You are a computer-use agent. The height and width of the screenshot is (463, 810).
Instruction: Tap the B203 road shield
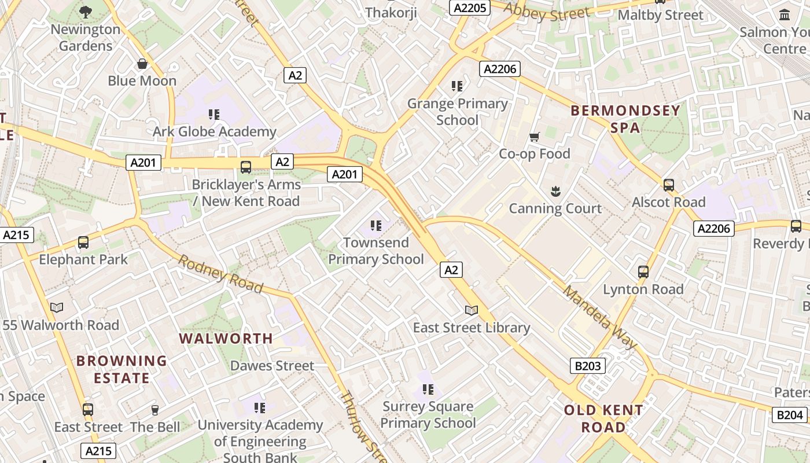(x=588, y=366)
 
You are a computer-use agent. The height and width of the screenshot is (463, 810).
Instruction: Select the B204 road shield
(x=789, y=414)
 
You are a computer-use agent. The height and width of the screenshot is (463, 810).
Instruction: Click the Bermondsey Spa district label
(x=625, y=119)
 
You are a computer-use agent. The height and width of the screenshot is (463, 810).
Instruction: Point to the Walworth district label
(x=226, y=339)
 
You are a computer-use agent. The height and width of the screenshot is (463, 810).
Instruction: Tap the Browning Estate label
(x=122, y=369)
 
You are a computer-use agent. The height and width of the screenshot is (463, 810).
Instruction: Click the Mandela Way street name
(x=599, y=318)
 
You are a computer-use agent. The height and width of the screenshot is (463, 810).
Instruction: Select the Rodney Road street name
(x=220, y=274)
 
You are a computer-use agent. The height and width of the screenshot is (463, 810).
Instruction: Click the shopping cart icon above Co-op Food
(x=534, y=137)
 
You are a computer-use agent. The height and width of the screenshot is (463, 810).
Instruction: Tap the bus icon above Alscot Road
(x=669, y=185)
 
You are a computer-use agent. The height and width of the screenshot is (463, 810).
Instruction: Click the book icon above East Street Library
(x=472, y=310)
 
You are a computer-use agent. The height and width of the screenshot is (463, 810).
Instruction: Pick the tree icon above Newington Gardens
(x=86, y=12)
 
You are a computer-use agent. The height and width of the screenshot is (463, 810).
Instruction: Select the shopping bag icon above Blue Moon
(x=142, y=64)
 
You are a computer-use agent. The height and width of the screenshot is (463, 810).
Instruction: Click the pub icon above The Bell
(x=154, y=410)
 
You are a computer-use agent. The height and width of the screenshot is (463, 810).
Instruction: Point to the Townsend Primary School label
(x=376, y=251)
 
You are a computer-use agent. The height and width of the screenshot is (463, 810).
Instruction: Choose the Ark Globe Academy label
(x=214, y=132)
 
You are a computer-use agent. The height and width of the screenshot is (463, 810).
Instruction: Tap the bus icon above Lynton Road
(x=643, y=272)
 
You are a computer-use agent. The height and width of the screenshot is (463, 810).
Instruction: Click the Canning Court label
(x=555, y=208)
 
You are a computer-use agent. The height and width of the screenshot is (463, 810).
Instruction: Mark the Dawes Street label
(x=272, y=366)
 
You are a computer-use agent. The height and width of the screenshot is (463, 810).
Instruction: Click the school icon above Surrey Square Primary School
(x=428, y=389)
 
